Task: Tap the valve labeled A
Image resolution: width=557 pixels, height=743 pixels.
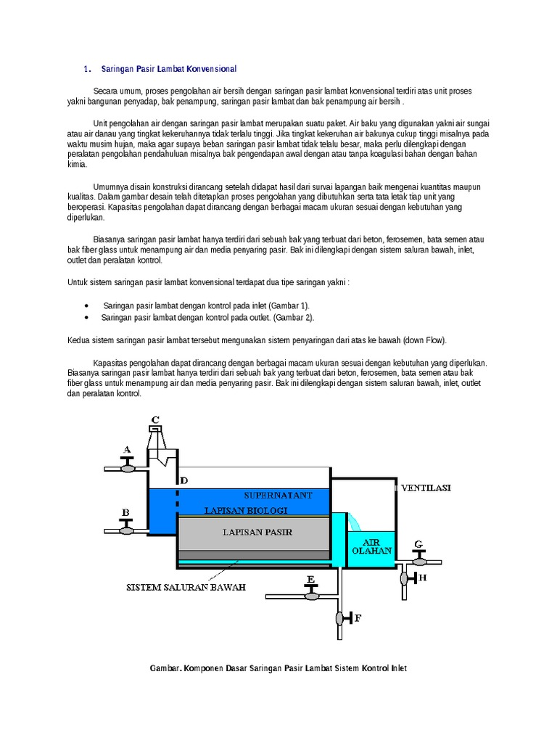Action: [x=127, y=468]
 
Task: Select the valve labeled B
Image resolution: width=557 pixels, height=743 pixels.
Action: [x=127, y=530]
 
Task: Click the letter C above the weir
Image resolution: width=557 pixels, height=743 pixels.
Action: [x=154, y=419]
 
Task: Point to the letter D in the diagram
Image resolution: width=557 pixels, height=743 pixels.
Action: [x=183, y=480]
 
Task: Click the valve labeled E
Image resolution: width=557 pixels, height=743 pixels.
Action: [x=311, y=595]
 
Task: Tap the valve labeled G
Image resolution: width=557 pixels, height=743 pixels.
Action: [x=418, y=561]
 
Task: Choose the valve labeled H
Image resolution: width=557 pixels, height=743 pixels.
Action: [x=404, y=578]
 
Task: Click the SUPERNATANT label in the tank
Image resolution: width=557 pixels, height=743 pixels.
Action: [x=278, y=495]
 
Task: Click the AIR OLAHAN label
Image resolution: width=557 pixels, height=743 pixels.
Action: [x=371, y=546]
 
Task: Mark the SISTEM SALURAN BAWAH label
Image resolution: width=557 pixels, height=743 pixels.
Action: [x=186, y=587]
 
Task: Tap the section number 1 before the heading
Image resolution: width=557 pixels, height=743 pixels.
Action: [x=86, y=69]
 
